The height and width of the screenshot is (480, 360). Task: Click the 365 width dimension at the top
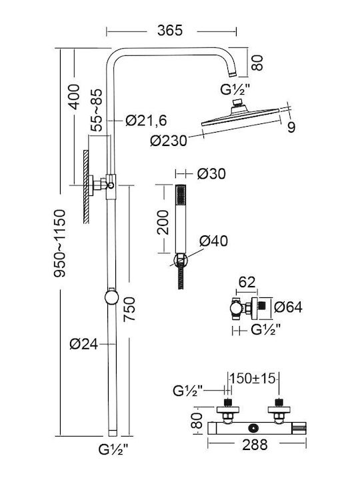(x=170, y=30)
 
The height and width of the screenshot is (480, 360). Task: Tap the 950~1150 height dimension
(x=59, y=243)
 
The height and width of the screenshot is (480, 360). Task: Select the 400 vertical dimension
(x=73, y=97)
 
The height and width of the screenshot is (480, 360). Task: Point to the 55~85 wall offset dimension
(x=96, y=110)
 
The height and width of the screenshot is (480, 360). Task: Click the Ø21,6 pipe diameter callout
(x=146, y=121)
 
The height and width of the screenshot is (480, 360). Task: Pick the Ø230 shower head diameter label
(x=169, y=141)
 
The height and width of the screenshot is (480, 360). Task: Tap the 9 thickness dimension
(x=291, y=127)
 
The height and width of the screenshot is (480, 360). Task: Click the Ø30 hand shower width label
(x=211, y=174)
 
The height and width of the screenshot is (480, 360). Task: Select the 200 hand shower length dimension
(x=163, y=223)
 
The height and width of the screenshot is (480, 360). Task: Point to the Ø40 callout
(x=214, y=241)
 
